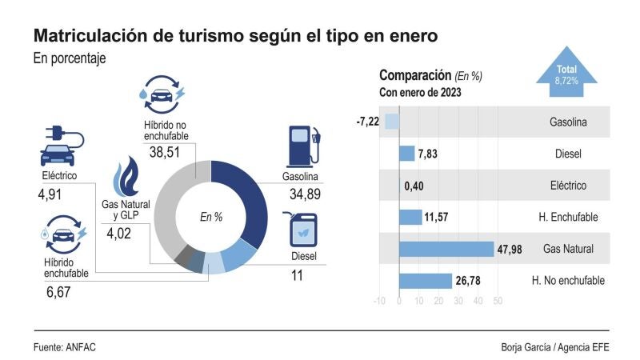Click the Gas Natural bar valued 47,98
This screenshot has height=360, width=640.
(446, 249)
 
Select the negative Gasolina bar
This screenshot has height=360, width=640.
(392, 122)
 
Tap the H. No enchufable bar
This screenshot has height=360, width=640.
(426, 281)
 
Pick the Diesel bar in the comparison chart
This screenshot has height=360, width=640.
(407, 154)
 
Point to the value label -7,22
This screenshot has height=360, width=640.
(367, 122)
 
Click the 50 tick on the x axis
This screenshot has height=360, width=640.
(497, 302)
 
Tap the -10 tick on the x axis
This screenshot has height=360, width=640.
(380, 302)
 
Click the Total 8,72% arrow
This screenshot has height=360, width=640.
(566, 76)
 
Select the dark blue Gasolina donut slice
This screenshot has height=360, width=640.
(251, 208)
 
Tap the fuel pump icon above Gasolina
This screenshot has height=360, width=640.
(302, 145)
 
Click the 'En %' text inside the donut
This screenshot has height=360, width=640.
(210, 217)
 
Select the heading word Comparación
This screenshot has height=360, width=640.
(414, 76)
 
